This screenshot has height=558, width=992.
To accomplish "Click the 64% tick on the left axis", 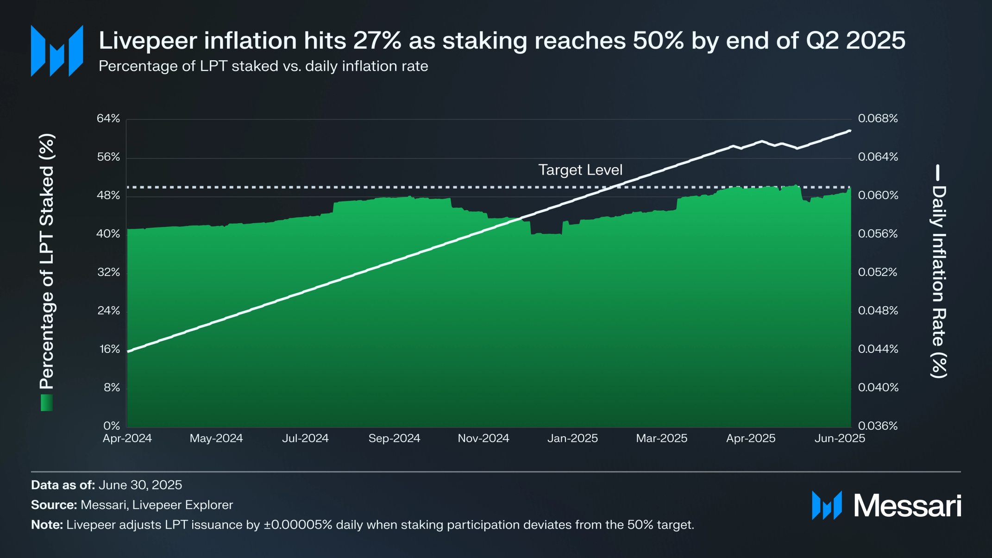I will pos(108,119).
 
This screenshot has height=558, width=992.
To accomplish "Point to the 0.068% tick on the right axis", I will pos(878,119).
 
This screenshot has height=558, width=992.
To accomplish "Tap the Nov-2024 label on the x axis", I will pos(483,438).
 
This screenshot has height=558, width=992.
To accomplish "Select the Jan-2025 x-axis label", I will pos(572,438).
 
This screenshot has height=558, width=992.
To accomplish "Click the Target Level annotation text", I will pos(580,170).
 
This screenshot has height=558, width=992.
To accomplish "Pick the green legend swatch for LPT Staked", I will pos(47,402).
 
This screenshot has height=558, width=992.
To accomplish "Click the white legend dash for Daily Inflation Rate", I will pos(938,173).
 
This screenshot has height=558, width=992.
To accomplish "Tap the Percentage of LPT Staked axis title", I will pos(47,262).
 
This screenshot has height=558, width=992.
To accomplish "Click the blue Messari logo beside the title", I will pos(57,50).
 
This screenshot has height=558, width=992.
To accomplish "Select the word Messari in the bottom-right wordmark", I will pos(907,506).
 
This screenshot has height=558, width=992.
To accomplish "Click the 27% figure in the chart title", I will pos(377,40).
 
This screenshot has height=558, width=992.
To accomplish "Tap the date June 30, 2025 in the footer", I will pos(140,485).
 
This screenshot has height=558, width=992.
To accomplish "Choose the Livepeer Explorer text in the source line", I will pos(182,505).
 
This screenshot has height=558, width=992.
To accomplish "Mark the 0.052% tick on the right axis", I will pos(878,272).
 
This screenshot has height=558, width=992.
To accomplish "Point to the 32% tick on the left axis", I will pos(108,272).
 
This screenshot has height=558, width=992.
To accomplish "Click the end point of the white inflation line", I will pos(850,131).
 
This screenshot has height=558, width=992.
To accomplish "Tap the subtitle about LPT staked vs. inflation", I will pos(263,66).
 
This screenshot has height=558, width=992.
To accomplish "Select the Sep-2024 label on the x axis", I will pos(394,438).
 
